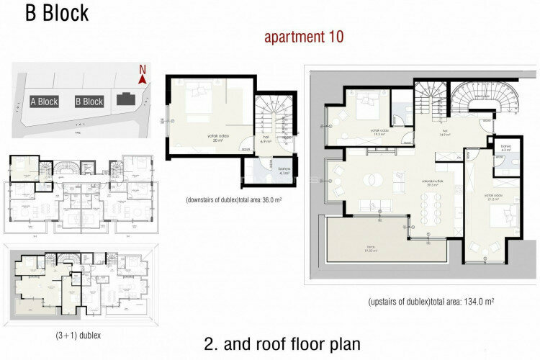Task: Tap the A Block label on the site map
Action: [x=44, y=102]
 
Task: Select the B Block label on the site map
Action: [x=89, y=102]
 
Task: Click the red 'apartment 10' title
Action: [x=305, y=36]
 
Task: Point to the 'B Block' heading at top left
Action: [x=58, y=14]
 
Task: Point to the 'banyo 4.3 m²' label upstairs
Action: [x=505, y=148]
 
